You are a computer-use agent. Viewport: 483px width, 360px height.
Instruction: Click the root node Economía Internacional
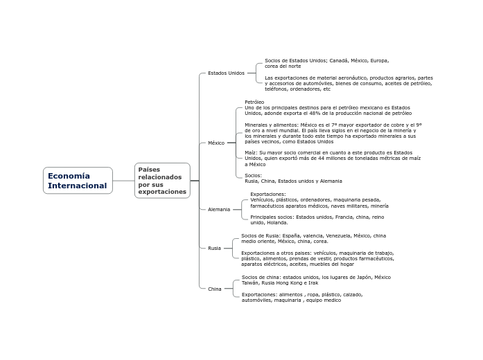pyautogui.click(x=78, y=181)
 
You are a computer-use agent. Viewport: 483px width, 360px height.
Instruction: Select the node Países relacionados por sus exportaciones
pyautogui.click(x=162, y=181)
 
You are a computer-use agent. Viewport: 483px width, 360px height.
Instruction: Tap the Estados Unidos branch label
pyautogui.click(x=226, y=73)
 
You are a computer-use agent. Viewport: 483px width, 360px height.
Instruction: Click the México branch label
pyautogui.click(x=216, y=143)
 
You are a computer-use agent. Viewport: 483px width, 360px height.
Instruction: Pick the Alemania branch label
pyautogui.click(x=219, y=209)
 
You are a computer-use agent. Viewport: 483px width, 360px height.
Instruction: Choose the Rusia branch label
pyautogui.click(x=214, y=248)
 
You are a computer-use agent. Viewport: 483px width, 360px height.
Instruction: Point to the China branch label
pyautogui.click(x=215, y=289)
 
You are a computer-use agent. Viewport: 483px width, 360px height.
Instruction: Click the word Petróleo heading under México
pyautogui.click(x=254, y=102)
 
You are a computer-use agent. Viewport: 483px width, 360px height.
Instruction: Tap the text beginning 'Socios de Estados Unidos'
pyautogui.click(x=326, y=63)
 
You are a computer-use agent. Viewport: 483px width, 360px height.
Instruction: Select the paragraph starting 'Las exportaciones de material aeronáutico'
pyautogui.click(x=349, y=83)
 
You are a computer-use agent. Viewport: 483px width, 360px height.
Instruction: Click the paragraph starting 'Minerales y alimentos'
pyautogui.click(x=333, y=133)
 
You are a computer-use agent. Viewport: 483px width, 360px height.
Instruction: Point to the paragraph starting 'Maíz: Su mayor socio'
pyautogui.click(x=332, y=159)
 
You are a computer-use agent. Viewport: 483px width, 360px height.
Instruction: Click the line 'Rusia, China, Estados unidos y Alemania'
pyautogui.click(x=293, y=181)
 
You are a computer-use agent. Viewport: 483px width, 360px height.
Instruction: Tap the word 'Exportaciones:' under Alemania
pyautogui.click(x=267, y=194)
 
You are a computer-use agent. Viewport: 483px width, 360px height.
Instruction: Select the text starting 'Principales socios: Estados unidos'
pyautogui.click(x=317, y=219)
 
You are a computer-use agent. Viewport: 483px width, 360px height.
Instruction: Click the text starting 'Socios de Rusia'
pyautogui.click(x=313, y=238)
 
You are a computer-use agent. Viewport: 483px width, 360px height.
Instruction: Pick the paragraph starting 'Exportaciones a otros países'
pyautogui.click(x=317, y=258)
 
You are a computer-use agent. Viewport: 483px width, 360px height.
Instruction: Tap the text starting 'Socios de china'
pyautogui.click(x=315, y=280)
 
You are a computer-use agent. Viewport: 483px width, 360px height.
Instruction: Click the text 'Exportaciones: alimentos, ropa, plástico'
pyautogui.click(x=301, y=297)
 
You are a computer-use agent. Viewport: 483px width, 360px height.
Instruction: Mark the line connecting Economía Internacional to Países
pyautogui.click(x=123, y=181)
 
